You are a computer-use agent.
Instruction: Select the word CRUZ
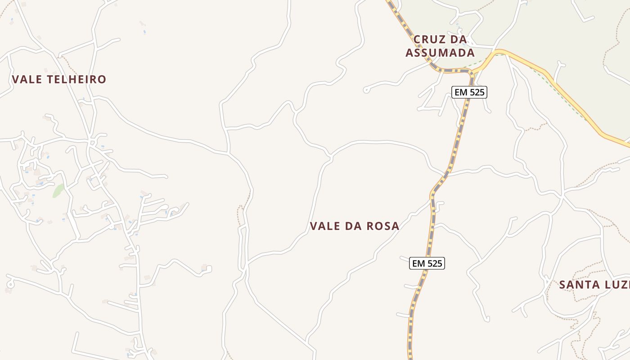point(429,40)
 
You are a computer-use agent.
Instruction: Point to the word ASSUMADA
point(440,53)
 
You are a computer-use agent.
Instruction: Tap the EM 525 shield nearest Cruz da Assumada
point(469,92)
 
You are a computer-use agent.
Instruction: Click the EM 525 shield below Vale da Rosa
point(427,263)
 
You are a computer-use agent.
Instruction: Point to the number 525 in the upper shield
point(477,92)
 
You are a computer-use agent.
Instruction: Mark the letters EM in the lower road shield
point(418,263)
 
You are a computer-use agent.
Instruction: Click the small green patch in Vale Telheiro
point(57,191)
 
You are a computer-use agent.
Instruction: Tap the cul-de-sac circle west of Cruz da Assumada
point(366,90)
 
